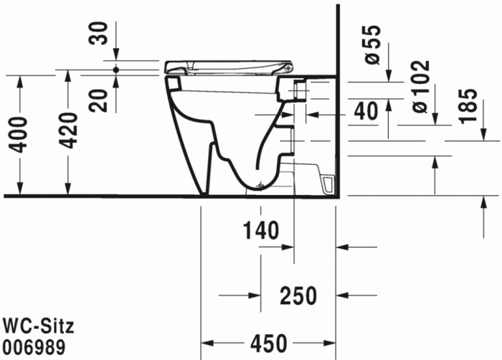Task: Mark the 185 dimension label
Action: tap(467, 106)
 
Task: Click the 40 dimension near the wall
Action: tap(366, 110)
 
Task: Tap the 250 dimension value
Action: tap(298, 294)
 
